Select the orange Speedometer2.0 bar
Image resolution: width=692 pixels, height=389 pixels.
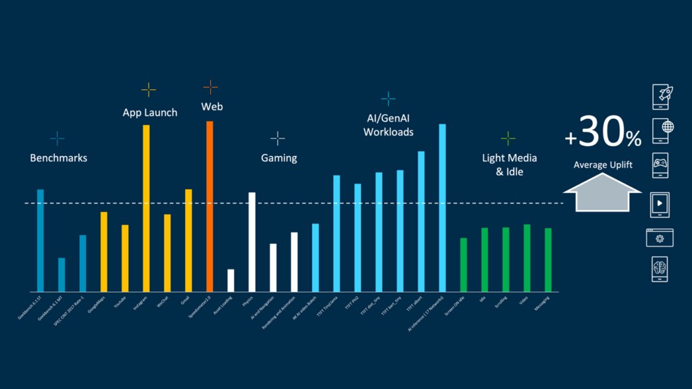(x=209, y=206)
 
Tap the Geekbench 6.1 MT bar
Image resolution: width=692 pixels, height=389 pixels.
(x=61, y=274)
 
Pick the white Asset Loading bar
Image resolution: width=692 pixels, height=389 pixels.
(x=231, y=280)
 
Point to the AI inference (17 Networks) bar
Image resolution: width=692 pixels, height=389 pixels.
(x=443, y=207)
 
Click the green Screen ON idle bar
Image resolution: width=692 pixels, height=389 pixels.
(x=464, y=264)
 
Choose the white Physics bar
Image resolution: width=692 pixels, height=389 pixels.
(x=252, y=242)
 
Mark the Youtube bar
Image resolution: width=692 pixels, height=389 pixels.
(x=125, y=258)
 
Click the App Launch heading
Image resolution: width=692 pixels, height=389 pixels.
(x=150, y=113)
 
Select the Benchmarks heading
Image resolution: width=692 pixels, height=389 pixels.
(x=59, y=158)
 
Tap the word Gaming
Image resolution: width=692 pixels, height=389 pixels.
(x=279, y=158)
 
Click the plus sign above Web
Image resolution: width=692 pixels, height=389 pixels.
(x=211, y=87)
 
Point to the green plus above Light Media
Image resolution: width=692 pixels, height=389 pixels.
(x=508, y=138)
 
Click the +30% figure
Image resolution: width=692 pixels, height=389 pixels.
(x=603, y=134)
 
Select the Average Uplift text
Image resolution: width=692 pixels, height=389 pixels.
(x=603, y=165)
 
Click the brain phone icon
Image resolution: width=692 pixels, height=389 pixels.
(x=662, y=270)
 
